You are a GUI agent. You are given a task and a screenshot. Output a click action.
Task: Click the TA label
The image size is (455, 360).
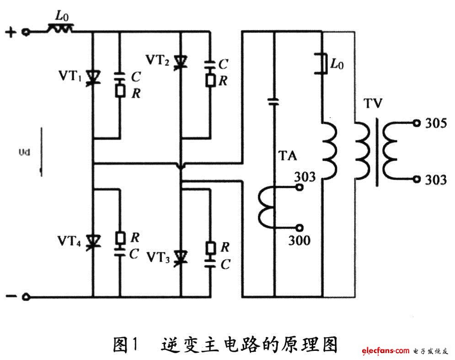click(x=287, y=156)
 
